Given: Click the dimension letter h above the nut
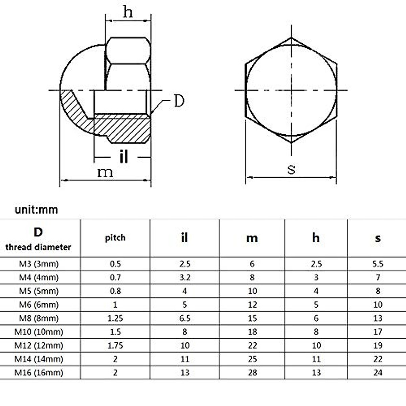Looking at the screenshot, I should click(x=128, y=12).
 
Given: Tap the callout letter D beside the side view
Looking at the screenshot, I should click(x=179, y=101).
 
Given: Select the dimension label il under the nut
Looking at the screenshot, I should click(x=124, y=157).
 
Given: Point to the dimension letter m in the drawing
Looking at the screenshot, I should click(x=105, y=173).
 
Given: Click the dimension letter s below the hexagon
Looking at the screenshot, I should click(x=291, y=169).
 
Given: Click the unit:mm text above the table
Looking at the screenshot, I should click(x=36, y=210).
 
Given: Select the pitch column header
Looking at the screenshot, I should click(x=115, y=238).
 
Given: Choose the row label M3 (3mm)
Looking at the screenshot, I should click(x=39, y=264).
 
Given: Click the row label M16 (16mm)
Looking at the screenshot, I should click(x=39, y=373).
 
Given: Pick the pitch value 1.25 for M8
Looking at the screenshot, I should click(x=115, y=318).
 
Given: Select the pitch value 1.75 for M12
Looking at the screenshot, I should click(x=115, y=345).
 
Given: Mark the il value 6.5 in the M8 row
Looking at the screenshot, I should click(x=185, y=318).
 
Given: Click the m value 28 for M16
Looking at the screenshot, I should click(x=252, y=373).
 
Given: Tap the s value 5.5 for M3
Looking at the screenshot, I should click(x=378, y=264).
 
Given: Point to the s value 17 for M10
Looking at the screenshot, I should click(x=378, y=332).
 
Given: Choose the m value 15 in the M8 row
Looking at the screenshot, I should click(x=252, y=318).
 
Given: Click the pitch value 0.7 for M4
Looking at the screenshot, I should click(x=115, y=277).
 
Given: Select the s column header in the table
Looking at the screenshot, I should click(x=378, y=238).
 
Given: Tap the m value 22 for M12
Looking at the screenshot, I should click(x=252, y=345).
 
